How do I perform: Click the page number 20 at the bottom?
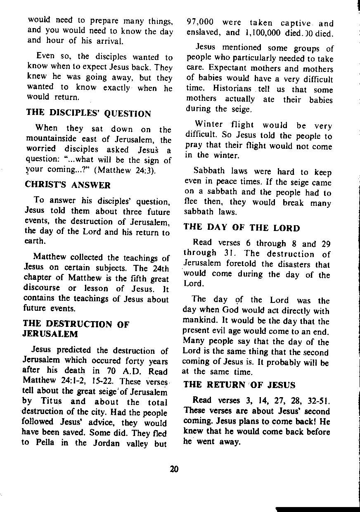[174, 469]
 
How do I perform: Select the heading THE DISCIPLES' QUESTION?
[89, 114]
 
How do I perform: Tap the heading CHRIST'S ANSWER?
[69, 185]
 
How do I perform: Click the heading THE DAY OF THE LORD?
[242, 228]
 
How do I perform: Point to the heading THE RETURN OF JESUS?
[239, 385]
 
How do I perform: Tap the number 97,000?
[200, 23]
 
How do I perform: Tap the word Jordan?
[108, 443]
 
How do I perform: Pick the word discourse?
[42, 288]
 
